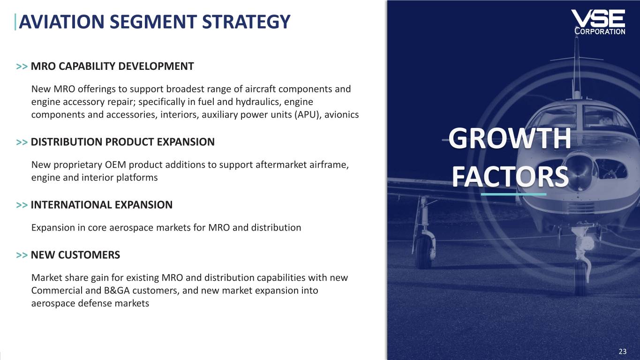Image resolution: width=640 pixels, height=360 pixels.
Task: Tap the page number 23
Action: (623, 351)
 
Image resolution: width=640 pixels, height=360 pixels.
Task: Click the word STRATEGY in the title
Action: (246, 22)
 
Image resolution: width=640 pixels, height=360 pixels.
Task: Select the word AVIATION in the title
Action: (61, 22)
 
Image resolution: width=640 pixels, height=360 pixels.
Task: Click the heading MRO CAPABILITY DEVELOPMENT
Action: (112, 66)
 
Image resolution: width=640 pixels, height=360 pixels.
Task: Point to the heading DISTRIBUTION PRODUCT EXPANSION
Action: (122, 142)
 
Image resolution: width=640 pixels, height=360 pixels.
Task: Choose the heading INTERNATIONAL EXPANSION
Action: (101, 205)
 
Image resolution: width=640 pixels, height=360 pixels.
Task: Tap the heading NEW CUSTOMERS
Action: (75, 255)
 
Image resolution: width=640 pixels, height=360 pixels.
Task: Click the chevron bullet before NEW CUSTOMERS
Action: (22, 255)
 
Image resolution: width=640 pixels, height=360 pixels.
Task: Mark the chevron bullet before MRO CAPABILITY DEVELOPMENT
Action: (22, 67)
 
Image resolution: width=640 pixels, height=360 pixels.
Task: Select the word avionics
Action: (341, 114)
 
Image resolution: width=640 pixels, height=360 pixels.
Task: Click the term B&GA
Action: (117, 291)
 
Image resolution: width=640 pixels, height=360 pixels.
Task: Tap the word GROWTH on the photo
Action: (510, 138)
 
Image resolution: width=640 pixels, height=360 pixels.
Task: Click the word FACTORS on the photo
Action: (510, 177)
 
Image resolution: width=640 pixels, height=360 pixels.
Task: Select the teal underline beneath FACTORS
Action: (513, 194)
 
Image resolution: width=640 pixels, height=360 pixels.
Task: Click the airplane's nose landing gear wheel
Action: (580, 277)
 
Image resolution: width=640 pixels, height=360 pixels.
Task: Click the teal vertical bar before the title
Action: (15, 22)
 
